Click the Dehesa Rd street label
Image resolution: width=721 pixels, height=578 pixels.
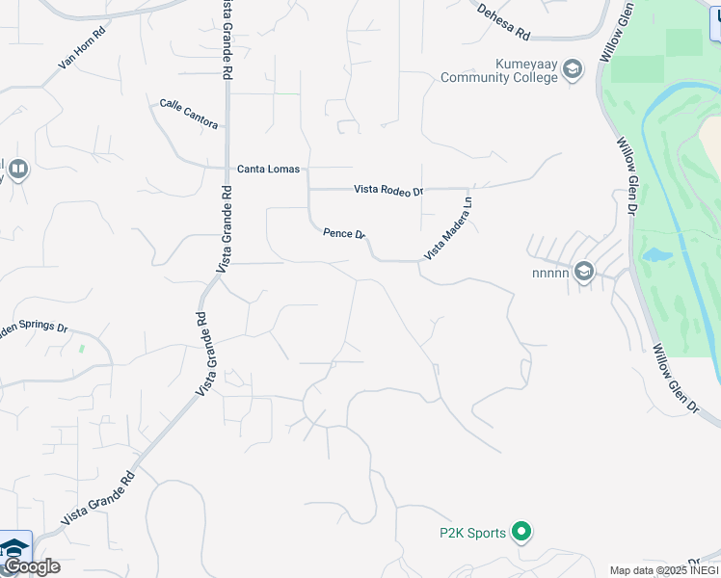(504, 21)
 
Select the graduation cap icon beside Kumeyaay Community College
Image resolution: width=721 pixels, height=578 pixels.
(573, 69)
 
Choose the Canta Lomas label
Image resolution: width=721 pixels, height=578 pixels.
(268, 170)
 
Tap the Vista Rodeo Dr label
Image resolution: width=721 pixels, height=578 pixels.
(388, 190)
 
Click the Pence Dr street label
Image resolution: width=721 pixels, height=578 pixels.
(344, 234)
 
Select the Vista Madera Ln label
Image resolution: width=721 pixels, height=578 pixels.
(449, 229)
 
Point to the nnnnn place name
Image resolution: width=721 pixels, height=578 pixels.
(549, 273)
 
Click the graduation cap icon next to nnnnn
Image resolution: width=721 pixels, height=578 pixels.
(583, 273)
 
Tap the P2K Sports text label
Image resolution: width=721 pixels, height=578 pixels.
(472, 533)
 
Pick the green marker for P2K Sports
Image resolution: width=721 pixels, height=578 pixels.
(521, 532)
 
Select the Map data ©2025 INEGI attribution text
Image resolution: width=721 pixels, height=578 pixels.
(663, 570)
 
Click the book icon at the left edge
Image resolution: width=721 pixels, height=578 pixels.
(17, 171)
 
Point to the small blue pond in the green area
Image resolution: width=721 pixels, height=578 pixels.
(655, 255)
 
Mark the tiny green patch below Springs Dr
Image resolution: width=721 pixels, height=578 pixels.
(83, 348)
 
